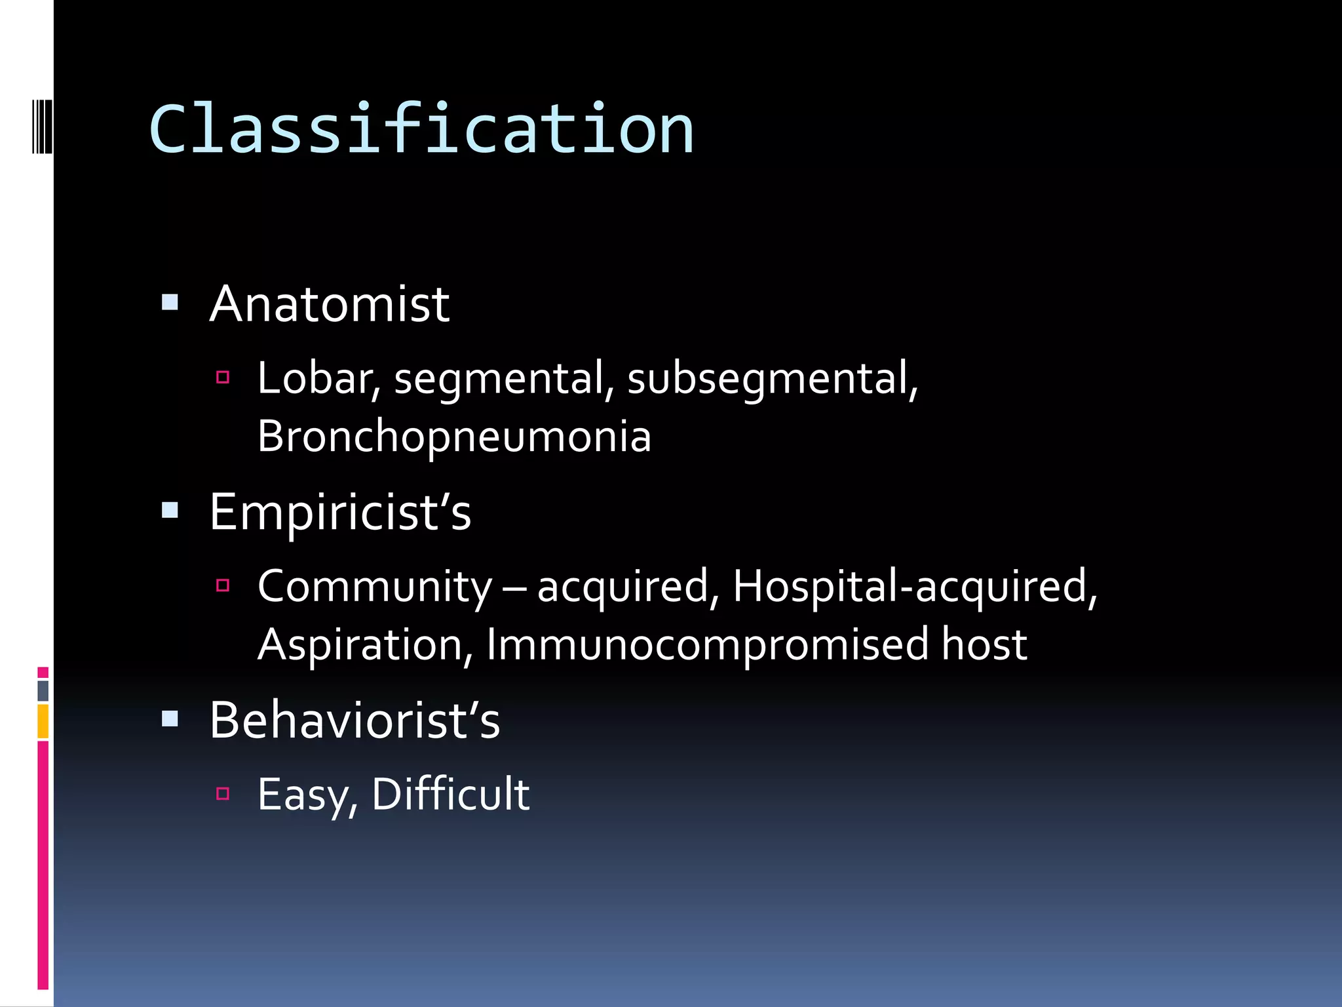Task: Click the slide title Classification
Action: click(x=421, y=129)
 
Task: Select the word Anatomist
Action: click(x=329, y=305)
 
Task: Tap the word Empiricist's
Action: click(x=340, y=512)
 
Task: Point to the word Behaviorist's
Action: click(x=355, y=720)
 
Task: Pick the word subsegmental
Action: click(x=772, y=379)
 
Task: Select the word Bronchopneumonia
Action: click(x=454, y=437)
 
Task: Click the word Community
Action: click(x=374, y=586)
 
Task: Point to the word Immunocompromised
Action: click(x=707, y=644)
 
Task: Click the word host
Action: click(x=984, y=644)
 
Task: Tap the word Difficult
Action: click(x=451, y=794)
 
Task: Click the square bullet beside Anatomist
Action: click(x=170, y=302)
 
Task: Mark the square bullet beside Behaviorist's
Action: click(x=170, y=719)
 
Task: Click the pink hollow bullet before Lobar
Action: click(x=223, y=377)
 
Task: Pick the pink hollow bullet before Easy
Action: click(x=223, y=794)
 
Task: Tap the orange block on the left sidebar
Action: click(x=43, y=721)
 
